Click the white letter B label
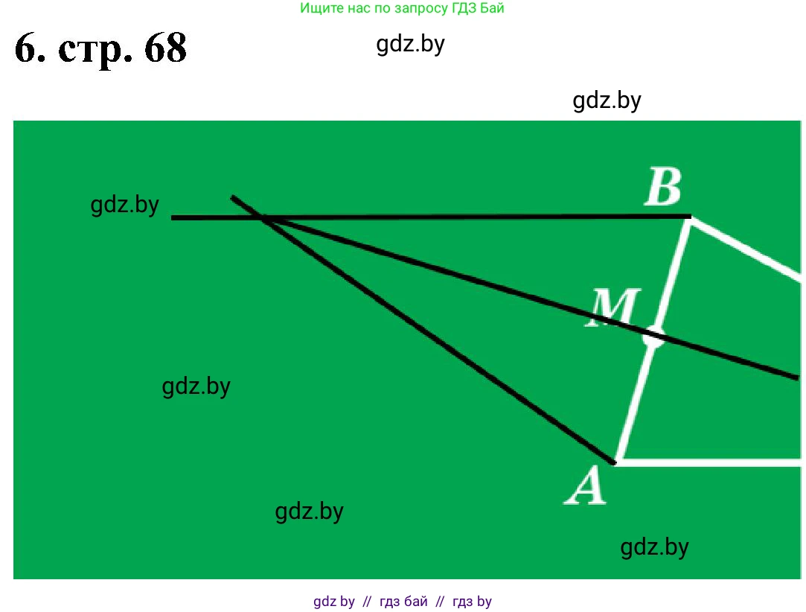coord(662,188)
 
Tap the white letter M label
coord(614,306)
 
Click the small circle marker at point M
coord(653,337)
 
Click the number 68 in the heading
coord(156,50)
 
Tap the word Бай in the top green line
coord(492,9)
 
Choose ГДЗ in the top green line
coord(462,9)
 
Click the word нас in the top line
coord(357,9)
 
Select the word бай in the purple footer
coord(416,602)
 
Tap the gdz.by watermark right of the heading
coord(411,45)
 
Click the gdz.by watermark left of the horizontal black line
coord(125,205)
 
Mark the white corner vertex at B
coord(690,218)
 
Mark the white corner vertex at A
coord(617,462)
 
